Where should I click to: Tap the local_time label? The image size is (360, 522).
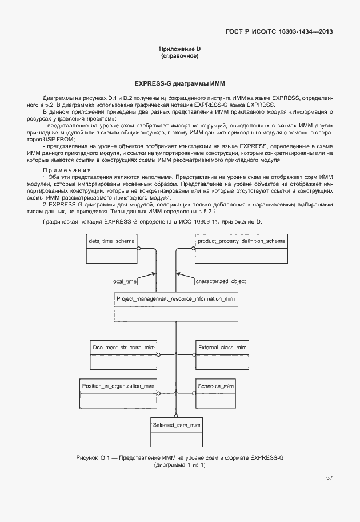tap(125, 281)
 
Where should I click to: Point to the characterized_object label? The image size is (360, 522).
tap(220, 281)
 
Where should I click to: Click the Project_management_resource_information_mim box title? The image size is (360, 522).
tap(175, 299)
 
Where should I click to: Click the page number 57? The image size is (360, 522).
tap(329, 478)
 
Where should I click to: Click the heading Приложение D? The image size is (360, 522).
tap(180, 49)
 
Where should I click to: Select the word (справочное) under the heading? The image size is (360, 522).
tap(180, 57)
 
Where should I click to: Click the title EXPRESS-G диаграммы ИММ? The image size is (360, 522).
tap(180, 83)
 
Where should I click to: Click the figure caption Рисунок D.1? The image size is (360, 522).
tap(91, 458)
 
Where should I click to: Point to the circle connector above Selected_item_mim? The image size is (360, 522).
tap(177, 416)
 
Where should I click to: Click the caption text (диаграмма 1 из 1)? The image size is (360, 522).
tap(180, 465)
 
